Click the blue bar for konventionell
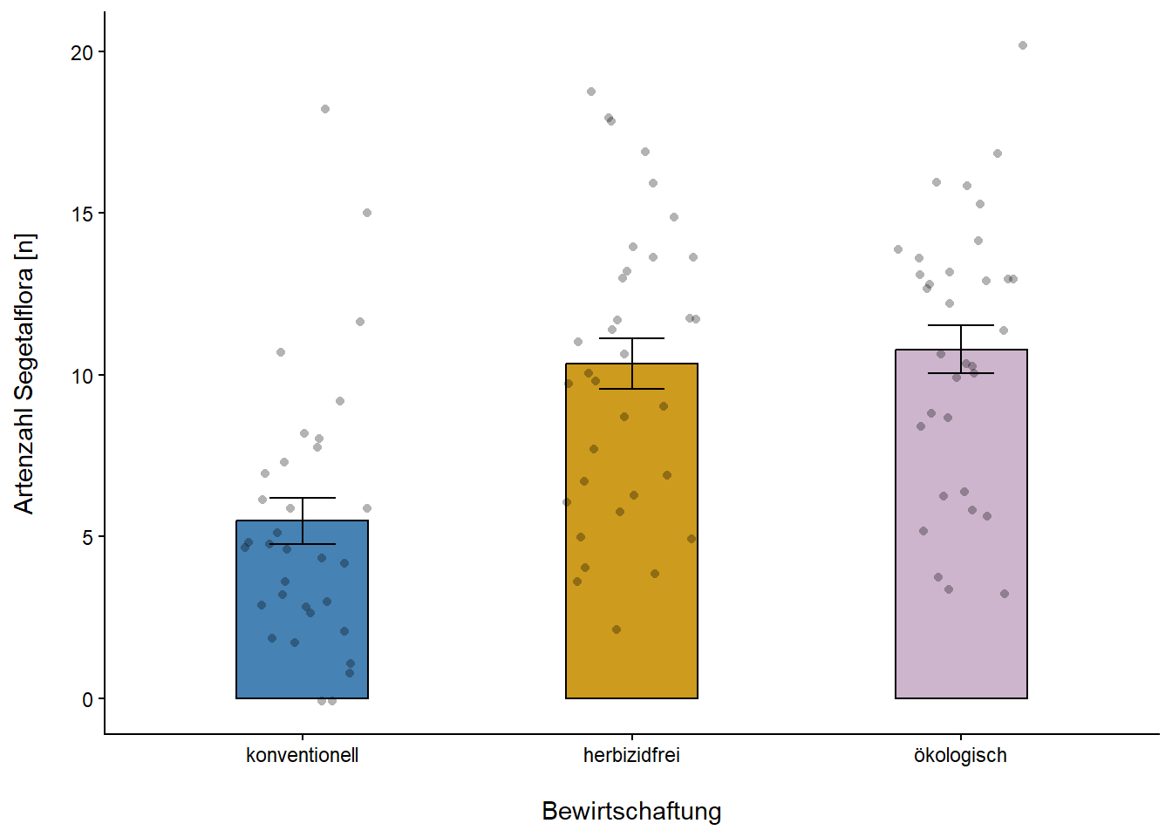(302, 610)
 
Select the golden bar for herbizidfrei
(631, 532)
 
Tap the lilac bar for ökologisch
(961, 523)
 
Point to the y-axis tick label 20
(82, 53)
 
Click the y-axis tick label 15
(82, 214)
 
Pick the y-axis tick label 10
(82, 377)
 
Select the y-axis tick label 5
(87, 538)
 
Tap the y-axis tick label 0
(87, 700)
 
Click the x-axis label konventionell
(302, 755)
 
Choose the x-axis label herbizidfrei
(631, 755)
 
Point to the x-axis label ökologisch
(960, 755)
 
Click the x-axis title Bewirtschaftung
(631, 811)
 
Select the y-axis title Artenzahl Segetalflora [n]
(24, 373)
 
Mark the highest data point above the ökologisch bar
(1023, 45)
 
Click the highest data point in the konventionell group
(325, 109)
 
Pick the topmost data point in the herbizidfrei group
(591, 92)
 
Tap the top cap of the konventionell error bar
(303, 498)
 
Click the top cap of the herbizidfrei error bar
(631, 338)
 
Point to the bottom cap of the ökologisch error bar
(961, 373)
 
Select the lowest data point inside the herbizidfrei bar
(617, 629)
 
